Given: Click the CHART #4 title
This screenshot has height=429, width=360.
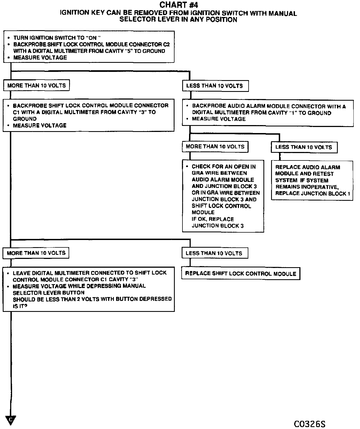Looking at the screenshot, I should coord(179,5).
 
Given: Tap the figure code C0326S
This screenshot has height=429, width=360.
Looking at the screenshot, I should coord(310,424).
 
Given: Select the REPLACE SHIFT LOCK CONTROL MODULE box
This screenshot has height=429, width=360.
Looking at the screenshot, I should coord(241,273).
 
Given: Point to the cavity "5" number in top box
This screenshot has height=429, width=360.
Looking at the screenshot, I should coord(128,51).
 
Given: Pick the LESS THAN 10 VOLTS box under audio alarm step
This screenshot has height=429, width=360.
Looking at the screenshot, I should coord(304,147).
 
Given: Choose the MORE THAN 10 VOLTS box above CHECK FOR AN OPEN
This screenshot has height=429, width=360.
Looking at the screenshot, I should coord(215,147).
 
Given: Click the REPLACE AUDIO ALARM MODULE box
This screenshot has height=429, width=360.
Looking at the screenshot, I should coord(312,180).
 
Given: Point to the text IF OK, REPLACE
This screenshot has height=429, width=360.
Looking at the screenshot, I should coord(213,219).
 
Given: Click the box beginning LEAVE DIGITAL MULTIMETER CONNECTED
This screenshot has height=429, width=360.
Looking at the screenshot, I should coord(89,289).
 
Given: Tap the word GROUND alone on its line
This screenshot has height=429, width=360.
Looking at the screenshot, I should coord(25,119).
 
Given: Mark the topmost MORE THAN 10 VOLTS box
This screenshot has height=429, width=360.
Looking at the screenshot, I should coord(36,86).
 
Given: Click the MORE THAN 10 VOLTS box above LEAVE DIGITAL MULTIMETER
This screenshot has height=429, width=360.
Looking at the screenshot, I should coord(36,253).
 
